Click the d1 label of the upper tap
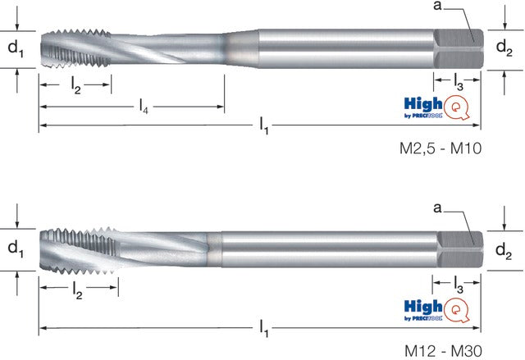tap(16, 49)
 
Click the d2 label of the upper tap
tap(504, 48)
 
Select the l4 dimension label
tap(144, 107)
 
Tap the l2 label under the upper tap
tap(76, 85)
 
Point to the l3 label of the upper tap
tap(459, 82)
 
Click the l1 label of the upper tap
tap(264, 126)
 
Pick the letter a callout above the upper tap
tap(437, 6)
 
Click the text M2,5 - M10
tap(441, 148)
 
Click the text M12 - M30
tap(443, 351)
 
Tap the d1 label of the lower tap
tap(16, 249)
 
